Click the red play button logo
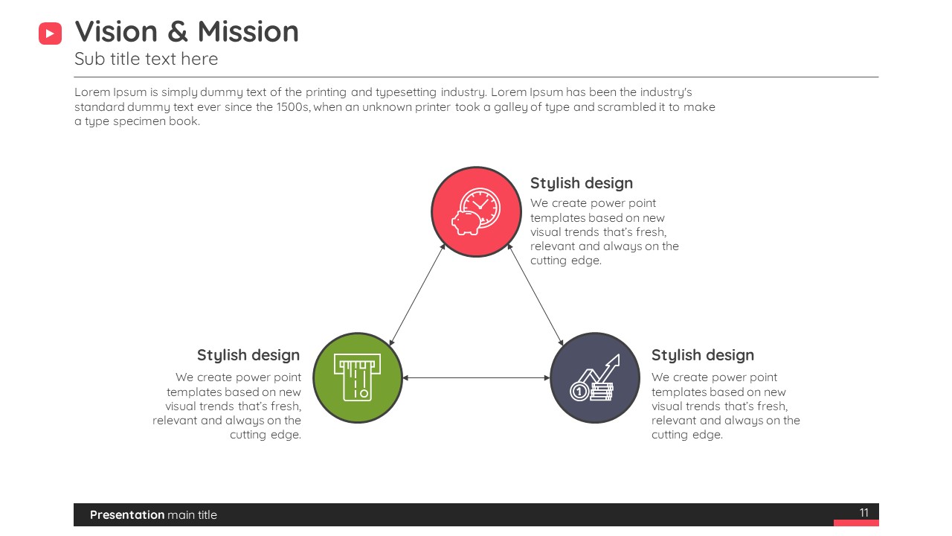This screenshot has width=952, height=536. [50, 33]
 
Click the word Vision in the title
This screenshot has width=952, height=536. [116, 31]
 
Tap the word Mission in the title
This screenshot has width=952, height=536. [248, 31]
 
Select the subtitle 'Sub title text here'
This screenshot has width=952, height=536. [147, 59]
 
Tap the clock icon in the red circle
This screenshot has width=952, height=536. [480, 208]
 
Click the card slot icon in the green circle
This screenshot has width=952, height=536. [358, 377]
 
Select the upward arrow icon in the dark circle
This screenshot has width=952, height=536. [600, 370]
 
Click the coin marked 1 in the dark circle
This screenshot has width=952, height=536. [579, 392]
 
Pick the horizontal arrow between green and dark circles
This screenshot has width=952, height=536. [476, 377]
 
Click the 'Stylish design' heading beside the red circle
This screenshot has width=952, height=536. [582, 183]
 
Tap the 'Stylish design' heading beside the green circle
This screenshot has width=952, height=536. [248, 355]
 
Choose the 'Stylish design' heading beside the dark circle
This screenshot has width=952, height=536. [703, 355]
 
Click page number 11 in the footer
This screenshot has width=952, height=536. [863, 513]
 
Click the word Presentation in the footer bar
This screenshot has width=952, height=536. [127, 514]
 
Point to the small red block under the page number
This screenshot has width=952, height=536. [856, 523]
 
